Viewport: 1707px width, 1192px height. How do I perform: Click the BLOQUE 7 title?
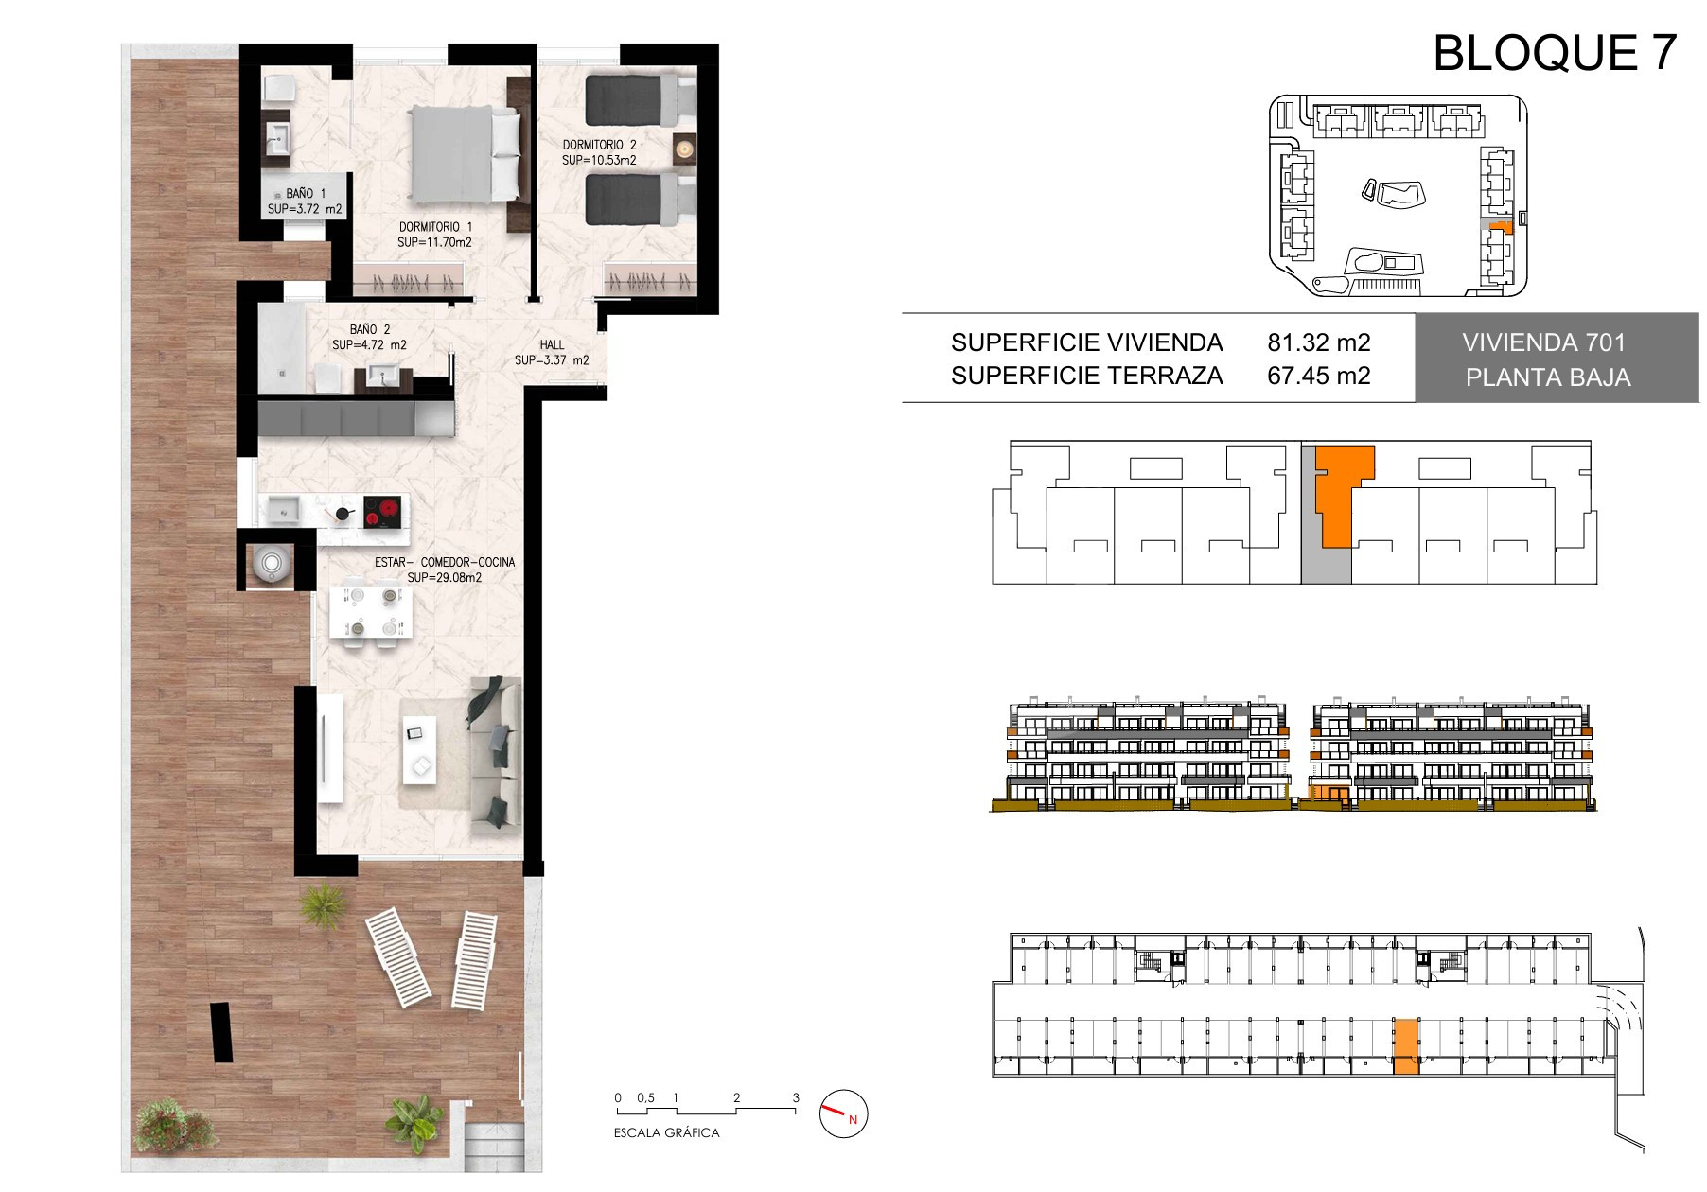click(x=1556, y=52)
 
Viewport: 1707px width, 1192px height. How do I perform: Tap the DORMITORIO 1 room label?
click(x=435, y=227)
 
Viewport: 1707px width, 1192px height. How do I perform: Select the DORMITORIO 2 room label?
click(x=599, y=145)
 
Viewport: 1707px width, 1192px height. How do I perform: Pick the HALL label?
click(x=553, y=345)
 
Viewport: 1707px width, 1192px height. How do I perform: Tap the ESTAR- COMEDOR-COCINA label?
click(x=445, y=562)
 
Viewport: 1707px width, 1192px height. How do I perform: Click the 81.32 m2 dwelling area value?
click(x=1319, y=342)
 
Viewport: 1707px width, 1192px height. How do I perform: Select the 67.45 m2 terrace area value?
click(x=1319, y=377)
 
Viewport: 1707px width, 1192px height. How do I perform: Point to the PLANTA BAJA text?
click(x=1548, y=377)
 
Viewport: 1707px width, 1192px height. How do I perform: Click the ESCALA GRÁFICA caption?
click(x=667, y=1133)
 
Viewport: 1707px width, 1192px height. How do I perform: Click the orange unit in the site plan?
click(x=1500, y=227)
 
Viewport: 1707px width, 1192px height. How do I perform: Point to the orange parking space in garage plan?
click(x=1406, y=1047)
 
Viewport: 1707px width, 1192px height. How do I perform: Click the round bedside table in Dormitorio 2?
click(x=684, y=147)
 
